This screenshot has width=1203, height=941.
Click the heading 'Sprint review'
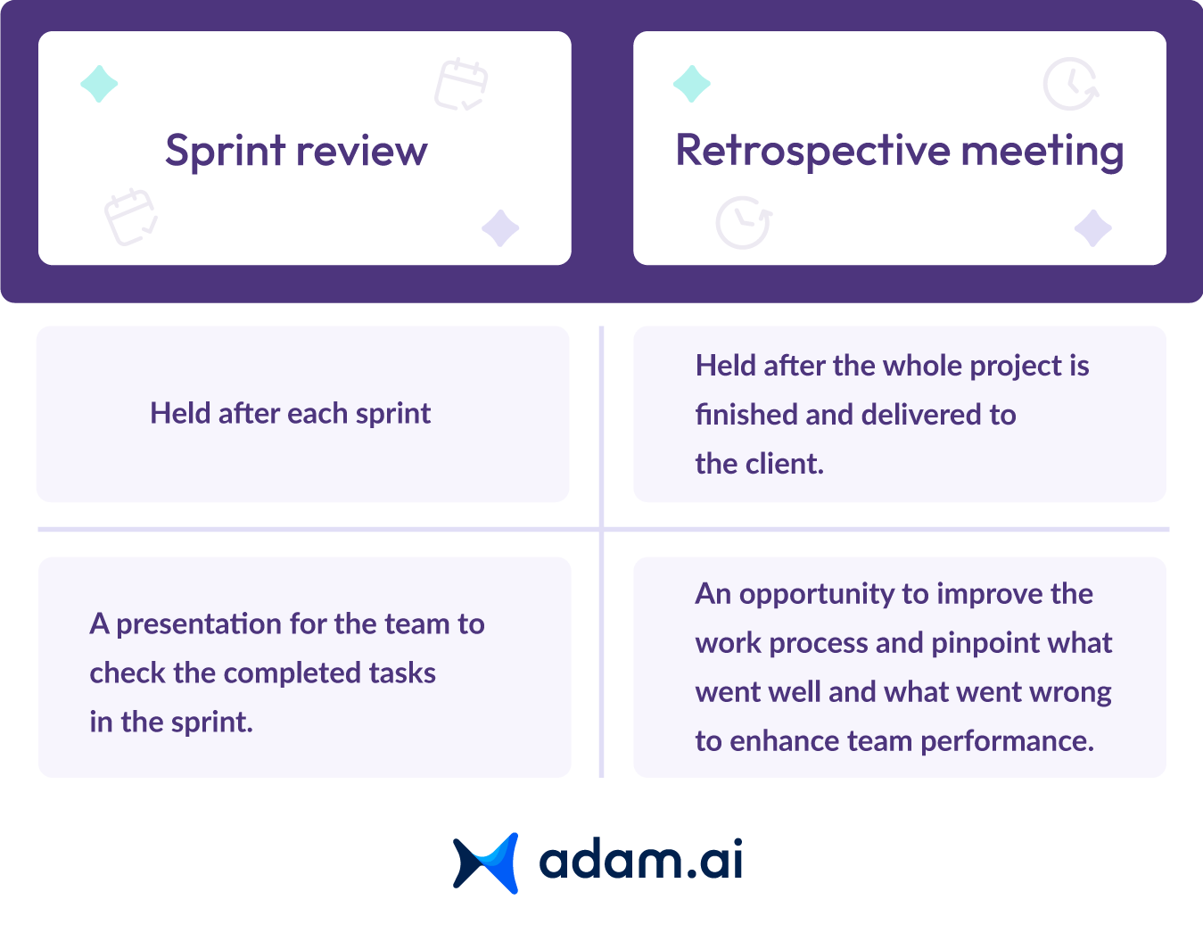pos(296,151)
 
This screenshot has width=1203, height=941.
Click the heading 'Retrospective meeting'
pos(900,151)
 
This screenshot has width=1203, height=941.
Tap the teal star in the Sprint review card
pos(99,84)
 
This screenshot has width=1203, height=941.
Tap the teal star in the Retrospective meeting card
pos(691,84)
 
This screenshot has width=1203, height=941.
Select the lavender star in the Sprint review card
pos(500,228)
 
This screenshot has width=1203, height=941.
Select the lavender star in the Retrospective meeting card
pos(1092,228)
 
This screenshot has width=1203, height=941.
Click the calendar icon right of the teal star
pos(461,84)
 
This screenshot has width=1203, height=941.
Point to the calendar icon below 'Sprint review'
pos(131,217)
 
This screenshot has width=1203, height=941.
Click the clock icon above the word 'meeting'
pos(1071,84)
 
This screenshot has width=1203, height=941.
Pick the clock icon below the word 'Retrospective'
pos(744,222)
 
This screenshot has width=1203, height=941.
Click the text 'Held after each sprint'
pos(290,414)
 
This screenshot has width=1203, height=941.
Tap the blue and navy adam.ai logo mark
pos(485,863)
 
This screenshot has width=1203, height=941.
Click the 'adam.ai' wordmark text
pos(640,859)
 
